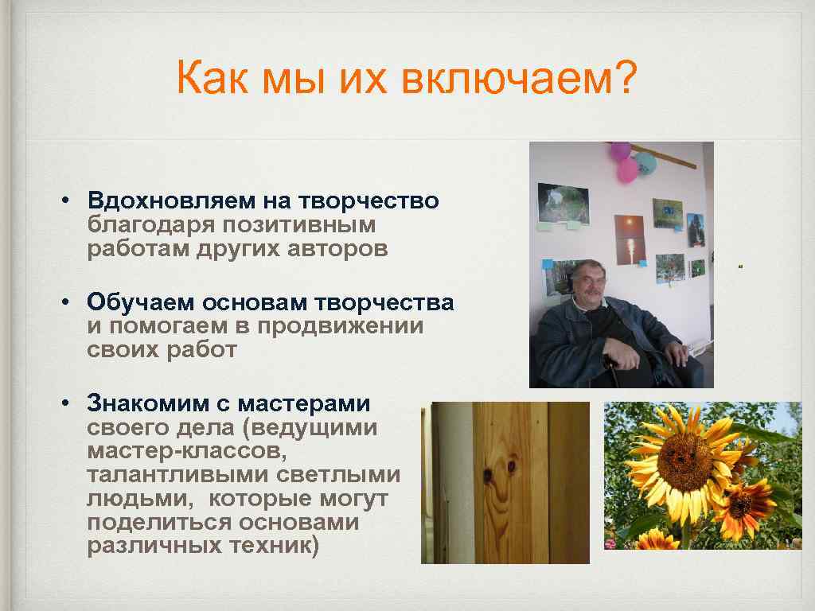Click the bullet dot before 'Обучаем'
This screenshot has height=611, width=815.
click(71, 302)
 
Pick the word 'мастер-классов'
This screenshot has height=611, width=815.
click(183, 453)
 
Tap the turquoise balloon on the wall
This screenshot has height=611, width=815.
click(646, 163)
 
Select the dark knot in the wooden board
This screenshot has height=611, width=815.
click(485, 474)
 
